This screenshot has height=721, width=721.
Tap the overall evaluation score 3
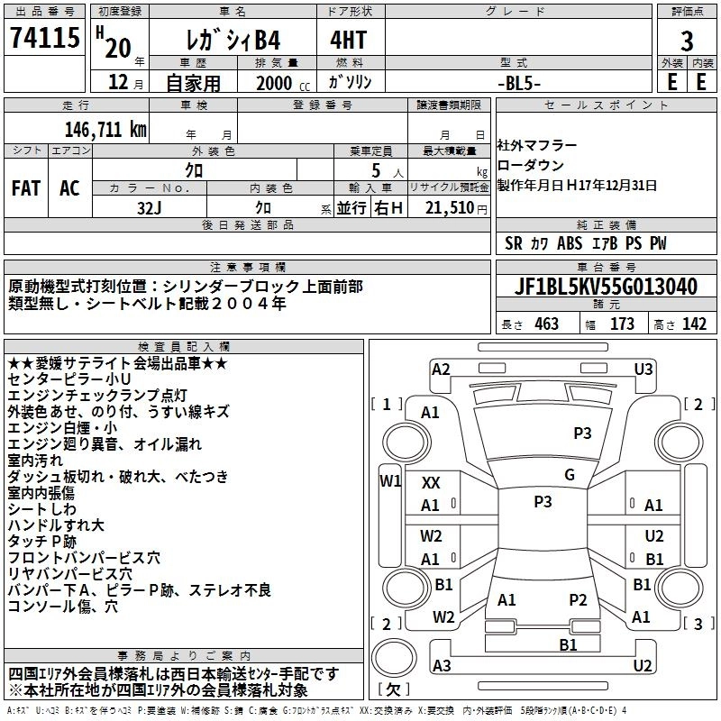687,40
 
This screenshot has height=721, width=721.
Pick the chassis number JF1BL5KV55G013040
606,287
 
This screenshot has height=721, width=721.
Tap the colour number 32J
149,207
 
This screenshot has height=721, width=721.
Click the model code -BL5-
519,81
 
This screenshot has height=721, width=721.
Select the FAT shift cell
25,188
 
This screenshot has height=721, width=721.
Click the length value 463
545,324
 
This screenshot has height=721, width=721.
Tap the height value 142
694,324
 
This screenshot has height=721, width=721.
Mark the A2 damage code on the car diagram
441,369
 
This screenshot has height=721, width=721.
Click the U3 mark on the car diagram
643,369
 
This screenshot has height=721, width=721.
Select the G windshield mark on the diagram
569,475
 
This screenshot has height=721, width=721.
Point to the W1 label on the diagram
389,480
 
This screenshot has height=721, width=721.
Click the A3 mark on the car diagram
441,665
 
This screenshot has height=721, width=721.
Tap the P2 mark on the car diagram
578,600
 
